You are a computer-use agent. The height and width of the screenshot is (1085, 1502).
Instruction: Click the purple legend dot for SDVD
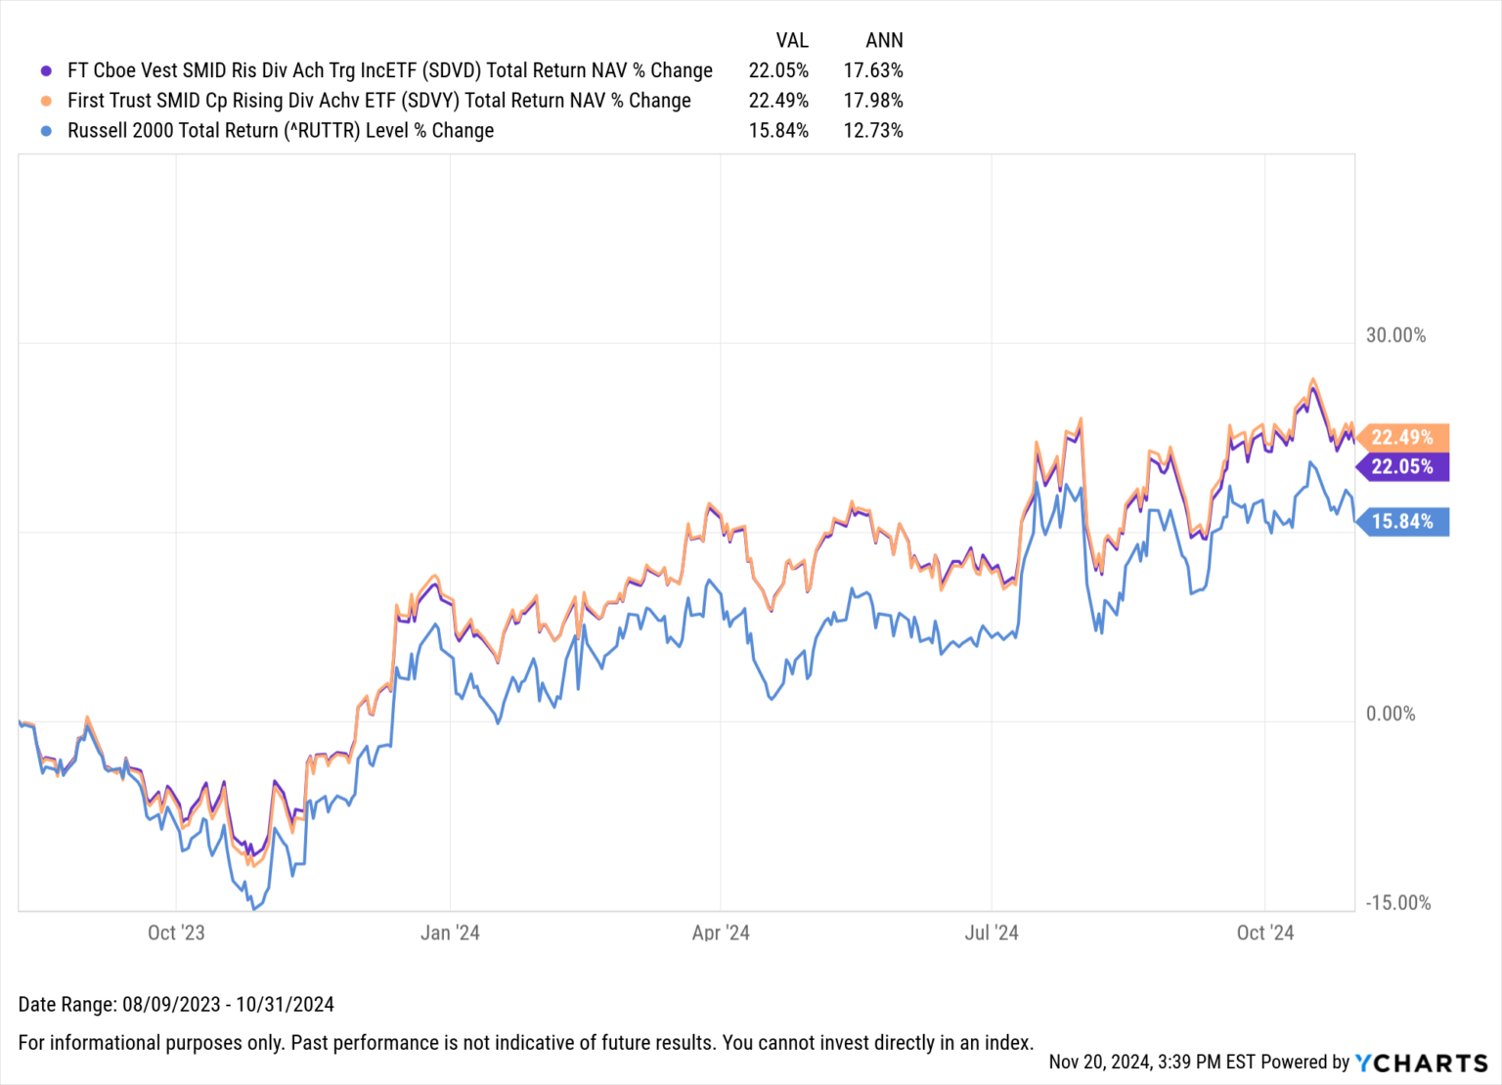point(46,70)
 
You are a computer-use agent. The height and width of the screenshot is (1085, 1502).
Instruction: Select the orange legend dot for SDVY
point(46,101)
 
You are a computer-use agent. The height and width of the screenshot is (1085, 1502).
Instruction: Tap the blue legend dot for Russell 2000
point(46,131)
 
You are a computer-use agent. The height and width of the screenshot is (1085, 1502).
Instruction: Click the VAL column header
point(791,40)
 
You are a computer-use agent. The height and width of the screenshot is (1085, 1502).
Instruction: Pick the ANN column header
point(884,40)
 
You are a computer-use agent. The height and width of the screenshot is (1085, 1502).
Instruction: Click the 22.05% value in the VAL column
point(778,70)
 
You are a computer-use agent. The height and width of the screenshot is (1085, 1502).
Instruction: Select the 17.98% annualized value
point(873,101)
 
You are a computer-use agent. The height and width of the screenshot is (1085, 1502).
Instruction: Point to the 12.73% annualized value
point(873,131)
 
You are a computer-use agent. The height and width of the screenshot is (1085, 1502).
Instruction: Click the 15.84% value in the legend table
point(778,131)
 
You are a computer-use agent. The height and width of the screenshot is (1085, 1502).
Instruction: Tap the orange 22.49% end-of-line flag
point(1402,437)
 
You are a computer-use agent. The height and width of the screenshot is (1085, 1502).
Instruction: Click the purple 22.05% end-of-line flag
point(1402,466)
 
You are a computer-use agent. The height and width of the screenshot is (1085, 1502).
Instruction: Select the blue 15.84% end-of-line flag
point(1402,522)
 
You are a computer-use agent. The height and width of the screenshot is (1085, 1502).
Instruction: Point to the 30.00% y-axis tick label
point(1395,335)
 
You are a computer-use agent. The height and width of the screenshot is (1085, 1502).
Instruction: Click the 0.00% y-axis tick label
point(1391,714)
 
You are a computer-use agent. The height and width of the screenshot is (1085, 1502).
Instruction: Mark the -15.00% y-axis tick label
point(1397,902)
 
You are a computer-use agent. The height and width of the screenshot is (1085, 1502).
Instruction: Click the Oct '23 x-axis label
point(176,933)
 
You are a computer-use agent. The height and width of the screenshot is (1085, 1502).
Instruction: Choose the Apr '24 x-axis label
point(721,933)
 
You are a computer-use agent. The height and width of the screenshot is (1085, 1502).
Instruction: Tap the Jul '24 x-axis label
point(992,933)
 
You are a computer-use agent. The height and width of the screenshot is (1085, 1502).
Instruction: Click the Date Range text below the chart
point(176,1004)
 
